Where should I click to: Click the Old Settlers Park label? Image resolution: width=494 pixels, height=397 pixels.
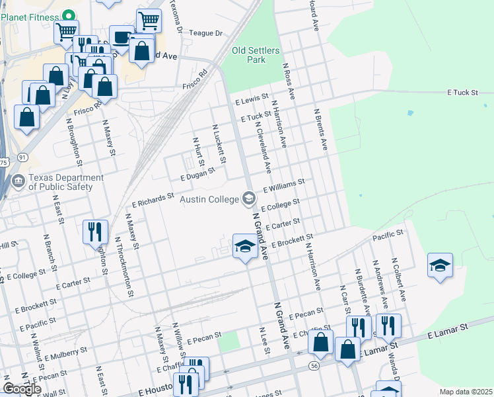tap(256, 55)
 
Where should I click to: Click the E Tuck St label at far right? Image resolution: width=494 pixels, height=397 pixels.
tap(462, 93)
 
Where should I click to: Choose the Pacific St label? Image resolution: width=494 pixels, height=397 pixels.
tap(388, 236)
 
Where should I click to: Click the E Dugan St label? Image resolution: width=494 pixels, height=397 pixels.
tap(198, 173)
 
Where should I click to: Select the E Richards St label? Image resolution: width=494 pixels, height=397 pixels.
tap(153, 199)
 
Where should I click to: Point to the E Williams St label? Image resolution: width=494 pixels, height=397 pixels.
tap(283, 185)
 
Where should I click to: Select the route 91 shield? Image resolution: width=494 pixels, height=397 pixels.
tap(22, 157)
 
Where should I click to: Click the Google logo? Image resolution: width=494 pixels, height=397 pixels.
tap(22, 389)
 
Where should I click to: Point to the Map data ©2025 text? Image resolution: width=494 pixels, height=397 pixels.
tap(466, 392)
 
